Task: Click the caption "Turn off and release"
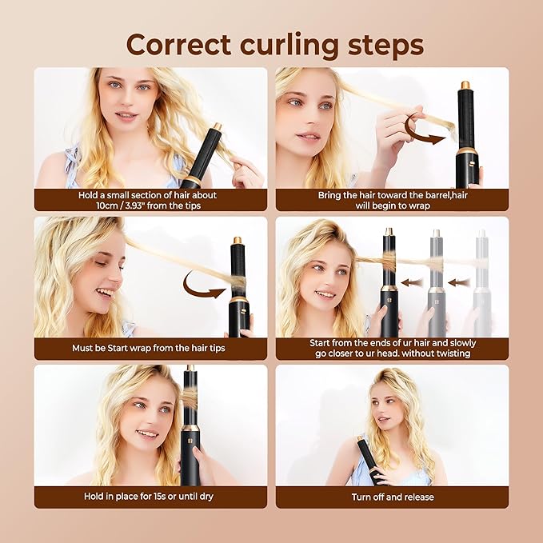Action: (392, 497)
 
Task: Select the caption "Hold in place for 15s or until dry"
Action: (150, 497)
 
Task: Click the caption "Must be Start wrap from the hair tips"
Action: (150, 348)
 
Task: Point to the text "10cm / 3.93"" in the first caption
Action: (128, 205)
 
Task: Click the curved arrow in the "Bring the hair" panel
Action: (425, 130)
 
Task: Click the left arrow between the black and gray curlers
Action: (412, 281)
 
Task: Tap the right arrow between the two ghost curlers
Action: (458, 281)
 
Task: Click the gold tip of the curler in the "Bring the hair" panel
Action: (465, 84)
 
